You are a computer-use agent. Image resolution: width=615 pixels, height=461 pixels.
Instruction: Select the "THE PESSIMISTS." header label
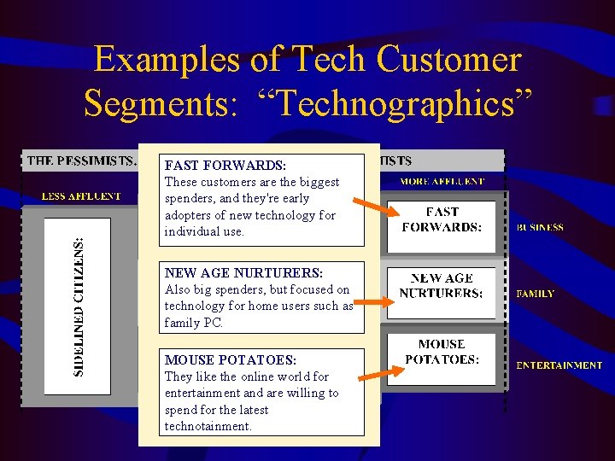(x=82, y=160)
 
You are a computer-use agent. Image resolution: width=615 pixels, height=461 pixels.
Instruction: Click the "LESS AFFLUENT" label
(x=82, y=195)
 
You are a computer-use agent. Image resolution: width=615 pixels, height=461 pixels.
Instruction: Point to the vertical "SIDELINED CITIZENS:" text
(x=79, y=306)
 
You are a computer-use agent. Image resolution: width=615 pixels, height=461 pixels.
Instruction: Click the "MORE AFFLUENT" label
(x=442, y=181)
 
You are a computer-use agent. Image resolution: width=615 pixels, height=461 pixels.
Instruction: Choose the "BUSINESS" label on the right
(x=540, y=228)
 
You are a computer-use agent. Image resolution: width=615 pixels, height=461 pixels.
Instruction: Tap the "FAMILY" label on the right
(x=536, y=293)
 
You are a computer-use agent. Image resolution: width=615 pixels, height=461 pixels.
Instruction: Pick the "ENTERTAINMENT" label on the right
(x=559, y=365)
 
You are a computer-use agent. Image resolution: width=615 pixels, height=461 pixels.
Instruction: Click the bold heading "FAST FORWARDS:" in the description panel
(x=225, y=165)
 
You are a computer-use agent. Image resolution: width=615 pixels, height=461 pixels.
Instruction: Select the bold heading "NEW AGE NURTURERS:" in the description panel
(x=243, y=273)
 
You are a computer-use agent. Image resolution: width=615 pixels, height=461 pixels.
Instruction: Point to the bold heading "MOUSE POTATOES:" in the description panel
(x=230, y=360)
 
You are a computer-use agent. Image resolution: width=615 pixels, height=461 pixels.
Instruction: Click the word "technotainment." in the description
(x=208, y=426)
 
